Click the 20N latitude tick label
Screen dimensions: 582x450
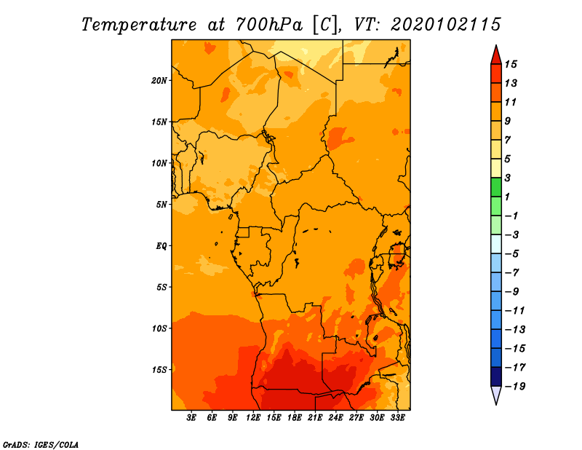click(x=159, y=81)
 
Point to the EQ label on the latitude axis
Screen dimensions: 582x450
click(x=162, y=246)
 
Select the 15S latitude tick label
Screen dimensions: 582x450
click(x=159, y=370)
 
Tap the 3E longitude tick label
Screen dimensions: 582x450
click(x=191, y=418)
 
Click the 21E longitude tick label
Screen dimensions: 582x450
click(x=315, y=418)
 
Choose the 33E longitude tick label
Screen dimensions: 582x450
click(x=397, y=418)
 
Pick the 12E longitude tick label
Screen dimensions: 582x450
click(x=253, y=418)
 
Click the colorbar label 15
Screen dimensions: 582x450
click(x=511, y=65)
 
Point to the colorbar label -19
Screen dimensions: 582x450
click(x=515, y=387)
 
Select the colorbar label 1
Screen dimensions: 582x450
click(x=507, y=197)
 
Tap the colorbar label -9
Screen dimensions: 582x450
click(x=512, y=292)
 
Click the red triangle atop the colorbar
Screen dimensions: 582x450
click(x=496, y=56)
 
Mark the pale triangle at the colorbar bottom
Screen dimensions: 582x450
click(x=496, y=395)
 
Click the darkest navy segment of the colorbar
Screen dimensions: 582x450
click(x=496, y=376)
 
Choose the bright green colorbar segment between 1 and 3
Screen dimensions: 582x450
click(x=496, y=187)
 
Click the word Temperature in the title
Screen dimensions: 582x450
click(x=139, y=25)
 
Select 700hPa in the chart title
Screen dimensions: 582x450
click(x=269, y=25)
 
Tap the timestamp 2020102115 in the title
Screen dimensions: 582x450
click(x=446, y=25)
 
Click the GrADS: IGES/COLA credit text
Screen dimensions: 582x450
click(x=41, y=445)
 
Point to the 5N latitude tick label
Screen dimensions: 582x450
click(x=162, y=205)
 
